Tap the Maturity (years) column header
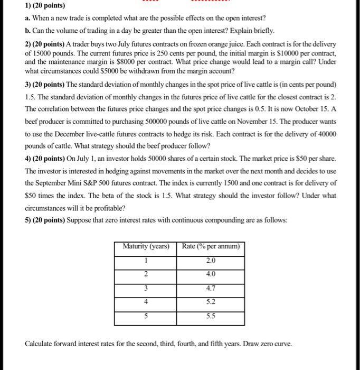(145, 246)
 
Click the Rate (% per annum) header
(211, 246)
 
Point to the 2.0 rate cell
(211, 260)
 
